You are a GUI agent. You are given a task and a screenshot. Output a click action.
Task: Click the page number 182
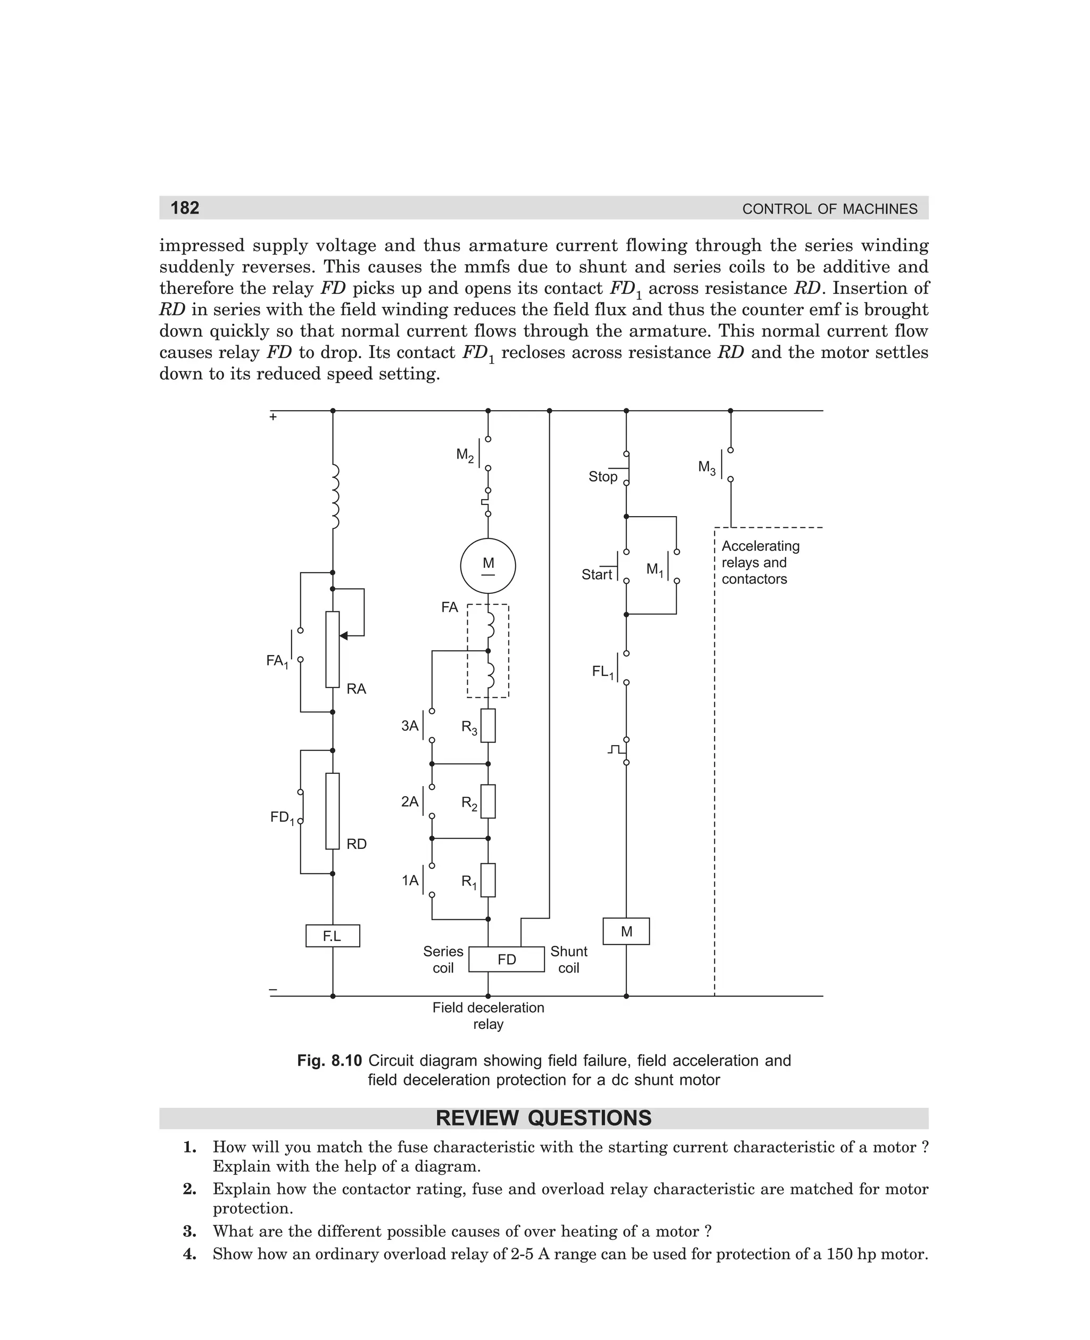pos(185,208)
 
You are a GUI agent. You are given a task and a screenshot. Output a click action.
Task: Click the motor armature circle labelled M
pos(488,566)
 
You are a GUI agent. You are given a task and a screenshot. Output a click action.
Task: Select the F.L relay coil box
pos(332,936)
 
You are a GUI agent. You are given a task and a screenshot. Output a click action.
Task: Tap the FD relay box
pos(507,959)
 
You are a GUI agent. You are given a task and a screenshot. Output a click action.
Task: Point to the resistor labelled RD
pos(332,811)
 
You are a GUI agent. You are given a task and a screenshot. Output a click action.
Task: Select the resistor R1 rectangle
pos(488,880)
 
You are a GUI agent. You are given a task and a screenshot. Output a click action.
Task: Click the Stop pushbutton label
pos(603,477)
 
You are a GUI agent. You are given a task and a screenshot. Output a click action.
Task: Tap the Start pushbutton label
pos(597,575)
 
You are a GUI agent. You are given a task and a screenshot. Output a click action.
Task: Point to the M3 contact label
pos(707,468)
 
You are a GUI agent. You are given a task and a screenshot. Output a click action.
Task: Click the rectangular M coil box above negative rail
pos(626,932)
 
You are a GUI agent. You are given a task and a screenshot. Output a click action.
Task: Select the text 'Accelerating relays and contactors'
pos(761,562)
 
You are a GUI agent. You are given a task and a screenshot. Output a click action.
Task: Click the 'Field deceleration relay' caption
pos(488,1016)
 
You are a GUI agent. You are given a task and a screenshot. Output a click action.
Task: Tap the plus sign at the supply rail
pos(273,416)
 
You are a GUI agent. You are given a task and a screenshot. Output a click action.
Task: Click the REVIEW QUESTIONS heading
pos(544,1118)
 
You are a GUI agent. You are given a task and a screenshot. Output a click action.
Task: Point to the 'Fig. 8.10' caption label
pos(329,1061)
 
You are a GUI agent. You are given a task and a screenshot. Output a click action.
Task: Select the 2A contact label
pos(410,802)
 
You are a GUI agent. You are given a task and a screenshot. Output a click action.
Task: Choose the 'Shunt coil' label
pos(569,959)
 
